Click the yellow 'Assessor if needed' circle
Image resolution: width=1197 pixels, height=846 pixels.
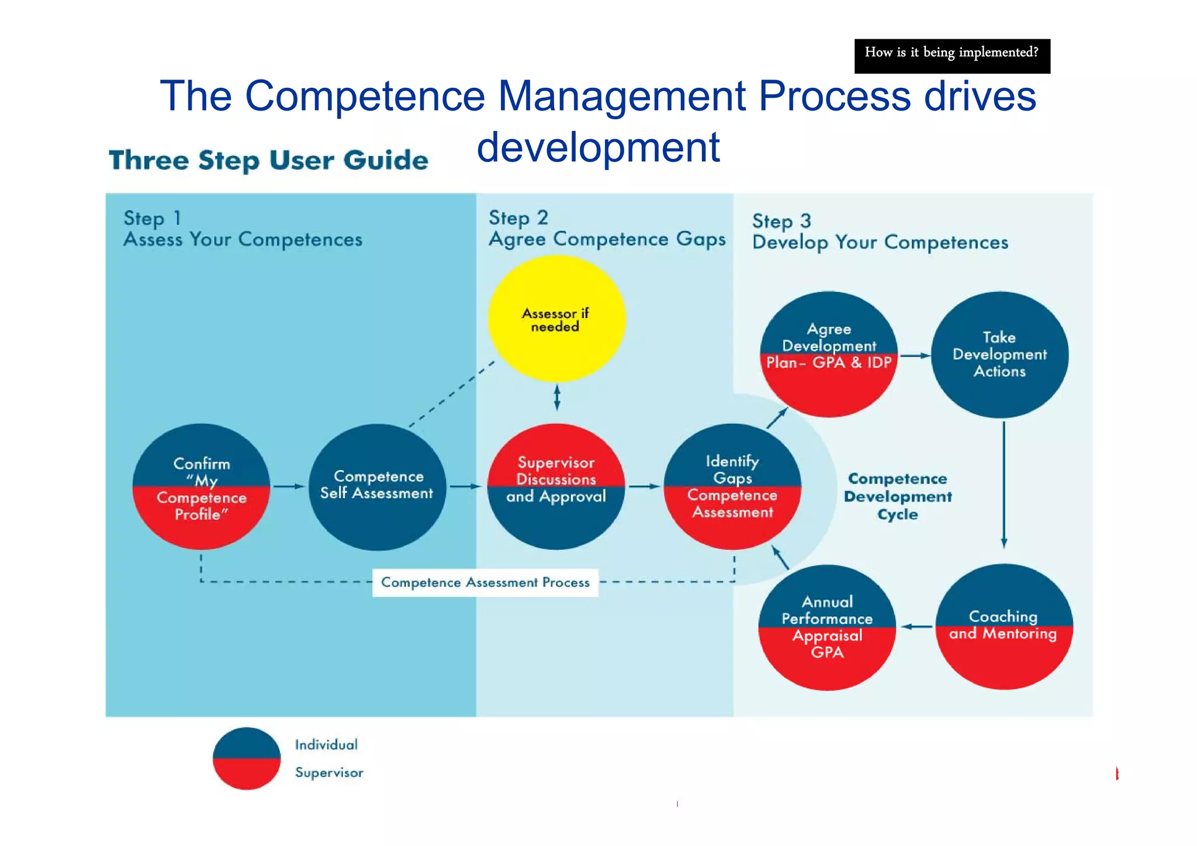pos(556,319)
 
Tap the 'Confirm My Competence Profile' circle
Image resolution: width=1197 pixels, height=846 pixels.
pos(201,487)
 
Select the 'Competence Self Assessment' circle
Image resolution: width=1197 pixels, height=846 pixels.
pos(377,486)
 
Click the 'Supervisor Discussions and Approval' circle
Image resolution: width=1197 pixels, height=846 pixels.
pos(556,486)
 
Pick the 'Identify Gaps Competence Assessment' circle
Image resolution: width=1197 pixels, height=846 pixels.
pos(732,486)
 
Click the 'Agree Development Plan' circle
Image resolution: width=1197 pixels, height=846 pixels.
pos(828,354)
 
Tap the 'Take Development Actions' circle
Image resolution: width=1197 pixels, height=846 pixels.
pos(999,354)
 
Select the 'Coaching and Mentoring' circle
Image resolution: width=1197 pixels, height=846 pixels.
pos(1004,626)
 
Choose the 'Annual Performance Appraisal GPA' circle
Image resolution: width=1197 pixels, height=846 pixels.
pos(827,627)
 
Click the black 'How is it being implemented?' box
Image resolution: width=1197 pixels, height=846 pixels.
pos(952,56)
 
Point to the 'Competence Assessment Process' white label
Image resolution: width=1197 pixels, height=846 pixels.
pos(485,582)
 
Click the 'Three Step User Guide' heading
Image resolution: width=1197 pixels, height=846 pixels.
pos(269,160)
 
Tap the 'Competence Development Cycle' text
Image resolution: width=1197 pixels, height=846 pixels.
pos(898,496)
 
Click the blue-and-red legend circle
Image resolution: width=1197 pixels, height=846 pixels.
pos(247,758)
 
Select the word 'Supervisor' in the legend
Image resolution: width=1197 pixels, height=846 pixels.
pos(329,772)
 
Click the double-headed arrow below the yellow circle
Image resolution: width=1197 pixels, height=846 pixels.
pos(557,398)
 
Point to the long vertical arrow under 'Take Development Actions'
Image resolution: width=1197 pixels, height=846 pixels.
pos(1004,484)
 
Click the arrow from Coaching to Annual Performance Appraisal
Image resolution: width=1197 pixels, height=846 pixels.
pos(916,627)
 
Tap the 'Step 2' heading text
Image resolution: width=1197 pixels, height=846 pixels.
pos(518,218)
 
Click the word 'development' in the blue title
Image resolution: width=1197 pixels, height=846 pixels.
pos(598,147)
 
